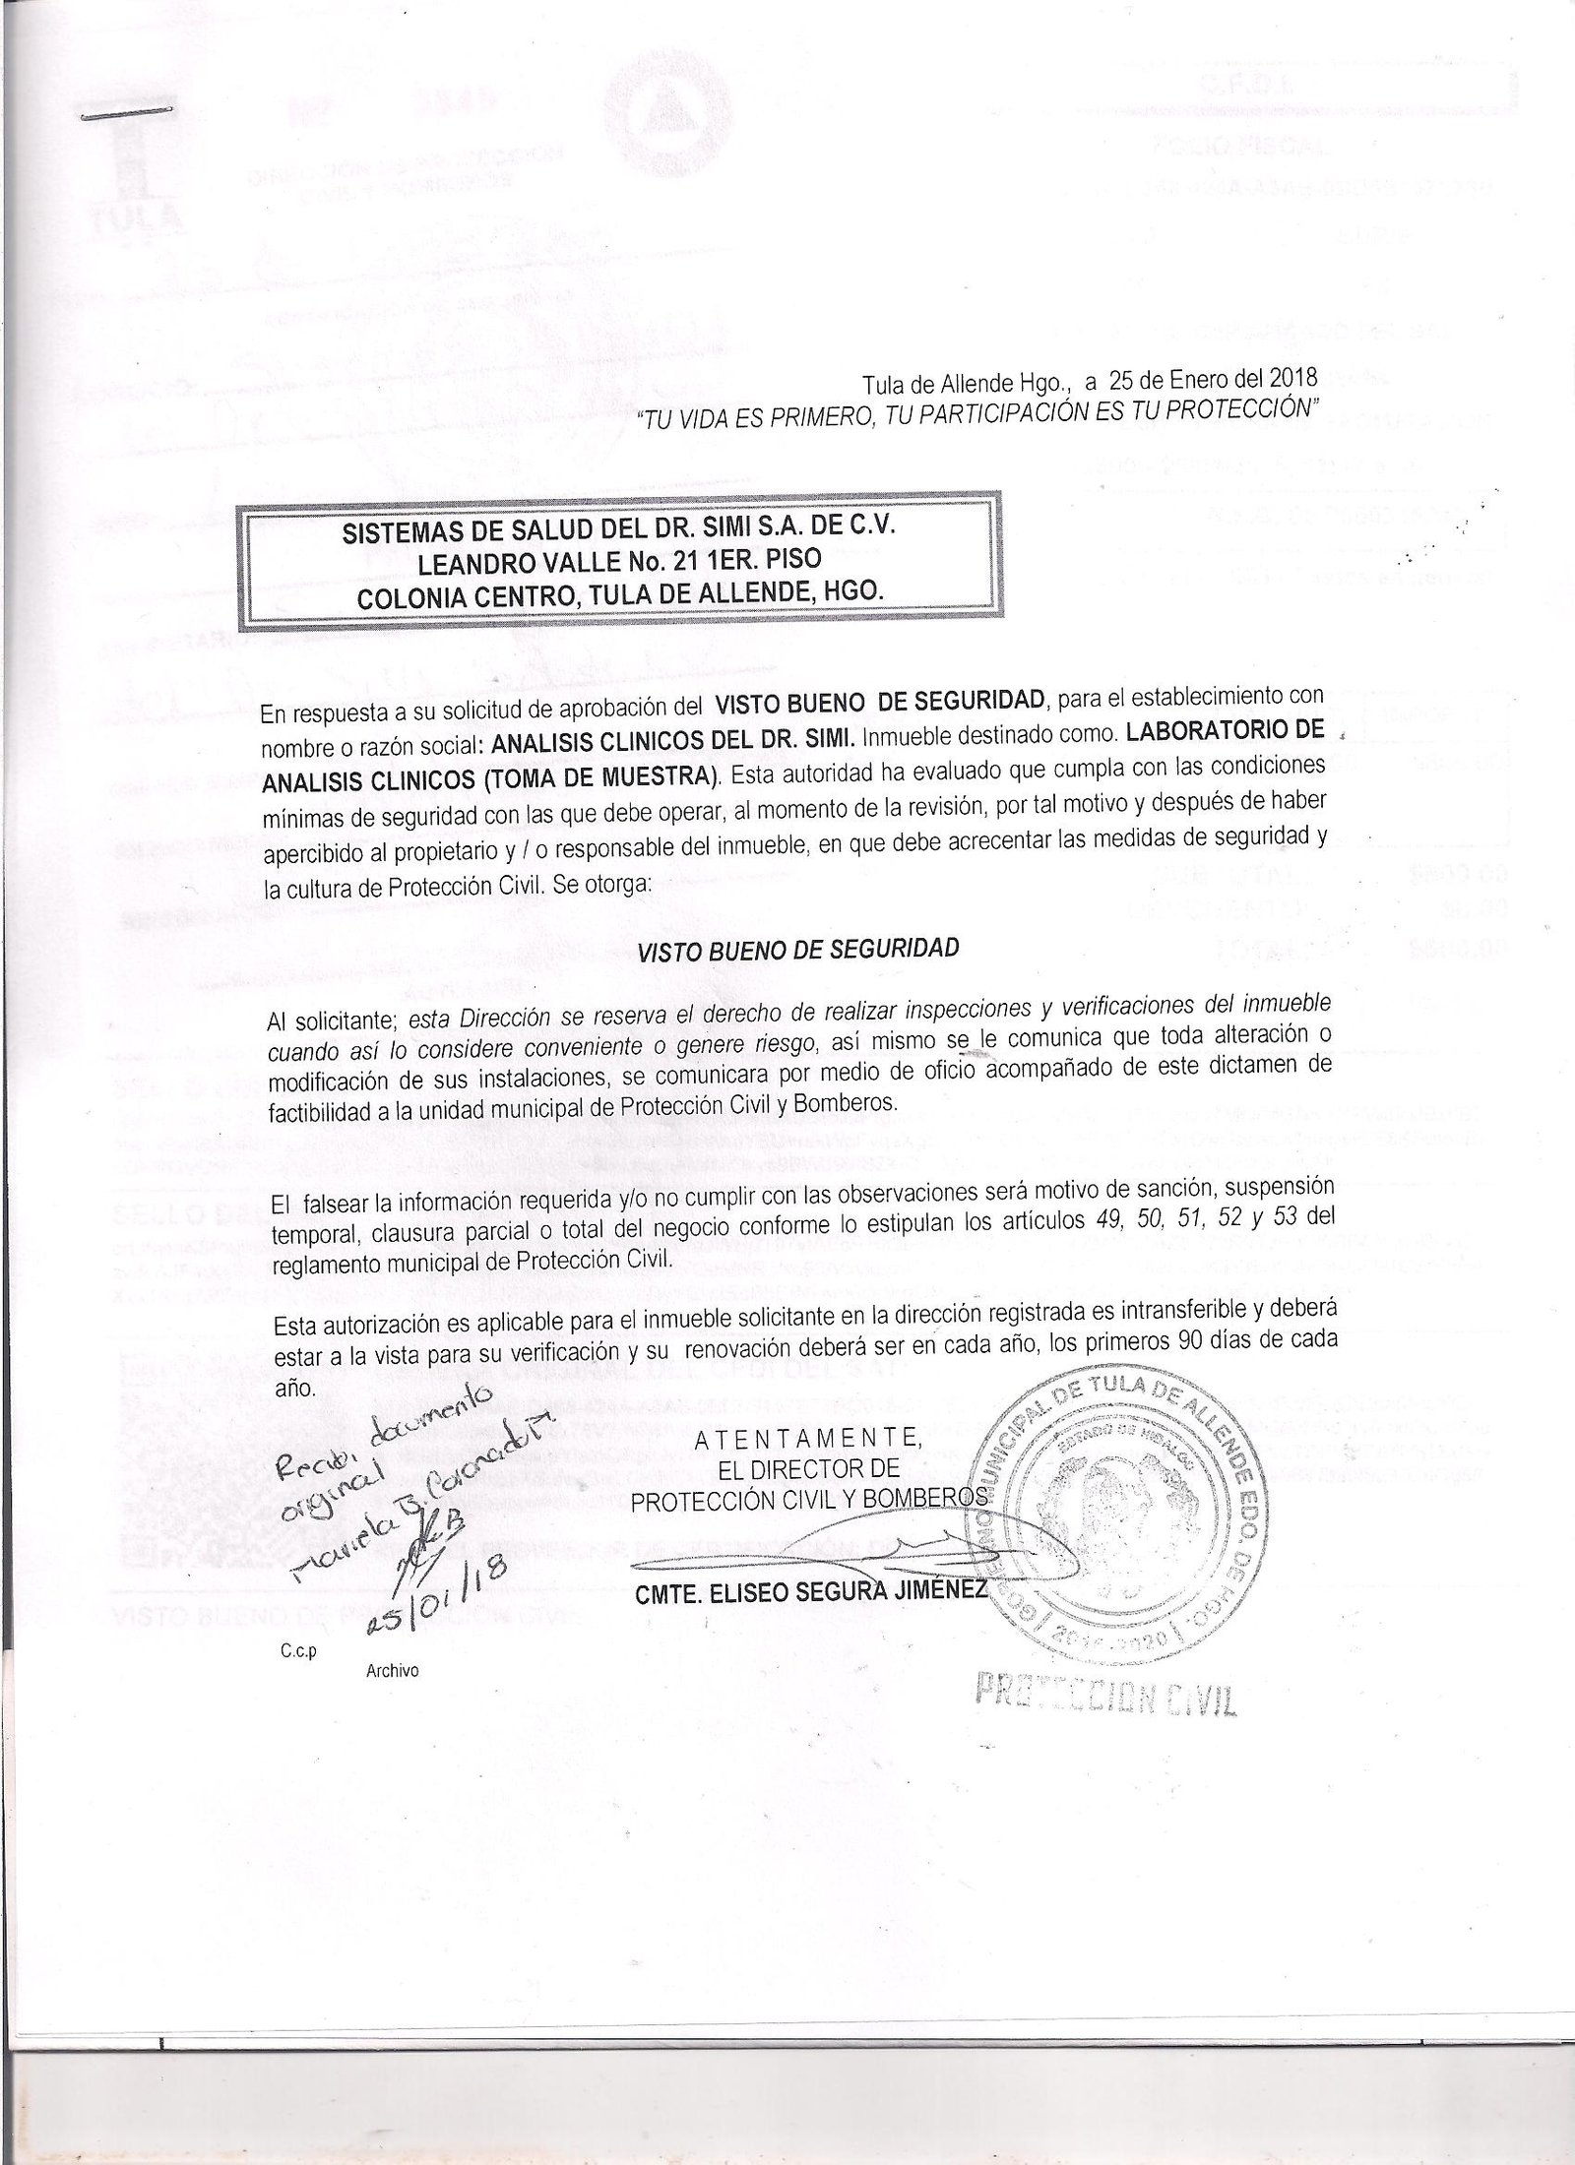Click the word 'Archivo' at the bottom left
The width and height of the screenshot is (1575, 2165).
click(x=391, y=1670)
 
